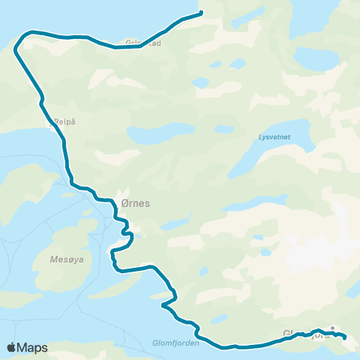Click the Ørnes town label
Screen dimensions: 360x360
[135, 202]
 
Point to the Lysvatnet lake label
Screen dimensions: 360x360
[273, 137]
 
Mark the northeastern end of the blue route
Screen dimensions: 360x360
[201, 12]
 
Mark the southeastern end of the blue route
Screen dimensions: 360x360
[345, 337]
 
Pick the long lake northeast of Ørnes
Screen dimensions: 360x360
[157, 135]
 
